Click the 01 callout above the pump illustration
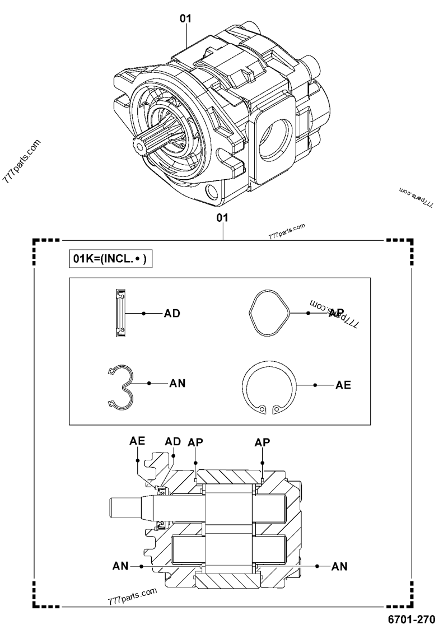click(x=185, y=18)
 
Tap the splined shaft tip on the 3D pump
click(x=139, y=144)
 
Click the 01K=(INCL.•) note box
click(x=110, y=259)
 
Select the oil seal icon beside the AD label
click(x=120, y=314)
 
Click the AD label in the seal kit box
click(x=172, y=314)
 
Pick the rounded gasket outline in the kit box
click(x=269, y=314)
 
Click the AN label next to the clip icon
click(x=177, y=384)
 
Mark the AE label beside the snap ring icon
click(x=343, y=385)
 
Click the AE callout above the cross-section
click(x=138, y=441)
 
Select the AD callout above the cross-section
click(x=173, y=441)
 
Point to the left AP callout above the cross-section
click(x=196, y=442)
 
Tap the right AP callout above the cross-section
click(x=262, y=442)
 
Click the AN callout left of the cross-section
click(x=120, y=567)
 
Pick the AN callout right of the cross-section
click(x=339, y=567)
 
